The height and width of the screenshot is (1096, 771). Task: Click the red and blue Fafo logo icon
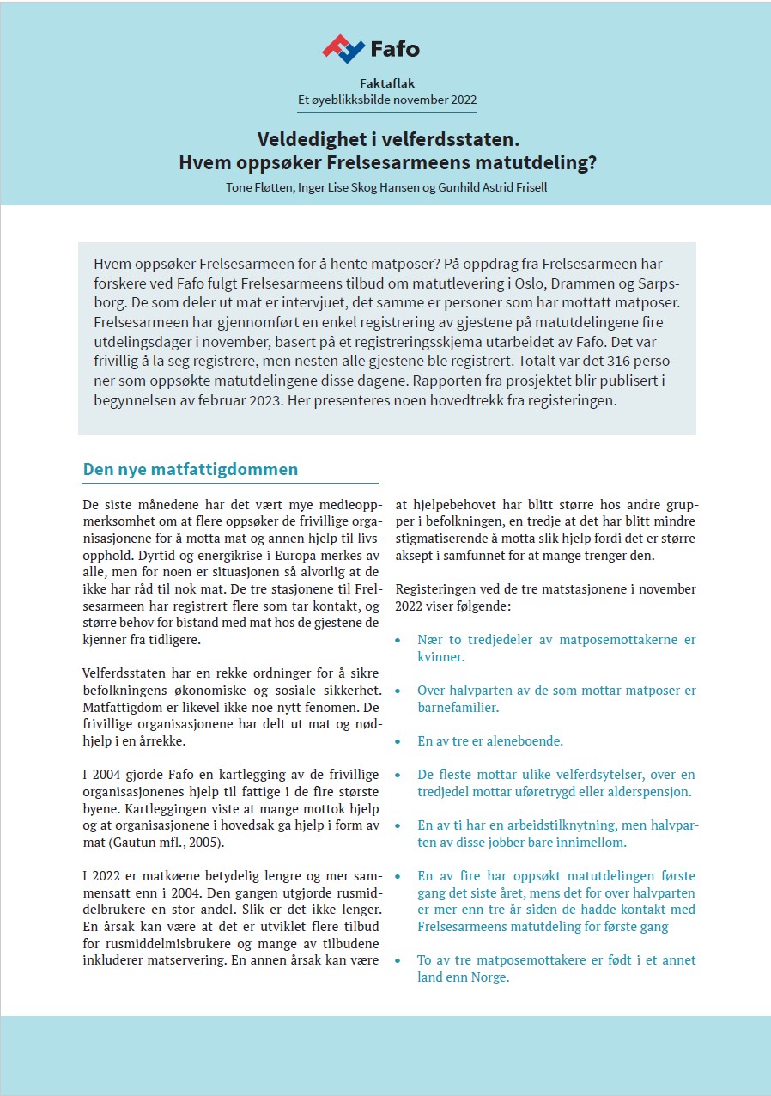tap(343, 48)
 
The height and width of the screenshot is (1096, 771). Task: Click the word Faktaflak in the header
tap(385, 83)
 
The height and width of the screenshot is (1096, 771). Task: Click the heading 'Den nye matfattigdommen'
tap(191, 469)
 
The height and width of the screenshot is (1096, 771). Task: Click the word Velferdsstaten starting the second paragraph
tap(127, 673)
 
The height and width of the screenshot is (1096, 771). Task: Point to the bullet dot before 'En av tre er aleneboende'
tap(397, 740)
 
